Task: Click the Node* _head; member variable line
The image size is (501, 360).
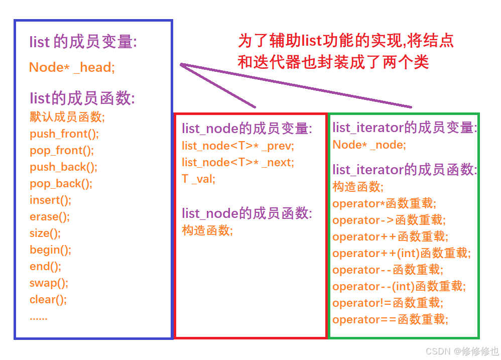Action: [72, 67]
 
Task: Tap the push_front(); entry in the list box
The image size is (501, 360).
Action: [64, 134]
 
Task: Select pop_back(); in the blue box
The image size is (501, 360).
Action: [61, 183]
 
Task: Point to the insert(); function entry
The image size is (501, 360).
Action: [50, 200]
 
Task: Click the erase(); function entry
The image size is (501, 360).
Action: [49, 216]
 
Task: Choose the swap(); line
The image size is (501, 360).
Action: [49, 283]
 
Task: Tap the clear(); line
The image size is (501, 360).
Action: [48, 299]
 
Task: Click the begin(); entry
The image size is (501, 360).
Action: [50, 250]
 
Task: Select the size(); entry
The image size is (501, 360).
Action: [45, 233]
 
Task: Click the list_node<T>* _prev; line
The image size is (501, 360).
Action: [238, 146]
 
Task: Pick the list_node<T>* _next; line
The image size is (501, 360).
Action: [238, 162]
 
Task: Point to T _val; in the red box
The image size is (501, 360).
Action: [198, 179]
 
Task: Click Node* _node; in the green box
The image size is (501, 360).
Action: [369, 145]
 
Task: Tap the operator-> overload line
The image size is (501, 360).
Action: [389, 220]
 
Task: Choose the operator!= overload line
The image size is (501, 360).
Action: [387, 303]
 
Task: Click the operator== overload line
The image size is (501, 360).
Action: [390, 319]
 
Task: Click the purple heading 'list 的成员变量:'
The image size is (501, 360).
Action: [83, 42]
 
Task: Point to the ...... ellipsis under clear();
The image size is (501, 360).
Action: [39, 317]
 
